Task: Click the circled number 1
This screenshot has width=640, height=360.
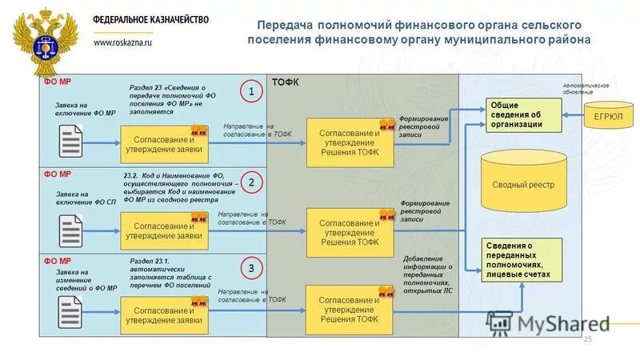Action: pos(250,93)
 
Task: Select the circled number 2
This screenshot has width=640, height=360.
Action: pos(250,182)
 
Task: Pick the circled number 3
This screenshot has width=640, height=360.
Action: pos(250,268)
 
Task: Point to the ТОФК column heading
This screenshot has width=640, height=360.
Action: pos(286,82)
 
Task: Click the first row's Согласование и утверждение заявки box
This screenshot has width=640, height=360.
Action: pos(163,142)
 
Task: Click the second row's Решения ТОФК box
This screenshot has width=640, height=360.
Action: pos(350,231)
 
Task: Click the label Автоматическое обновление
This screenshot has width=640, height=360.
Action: pos(586,88)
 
